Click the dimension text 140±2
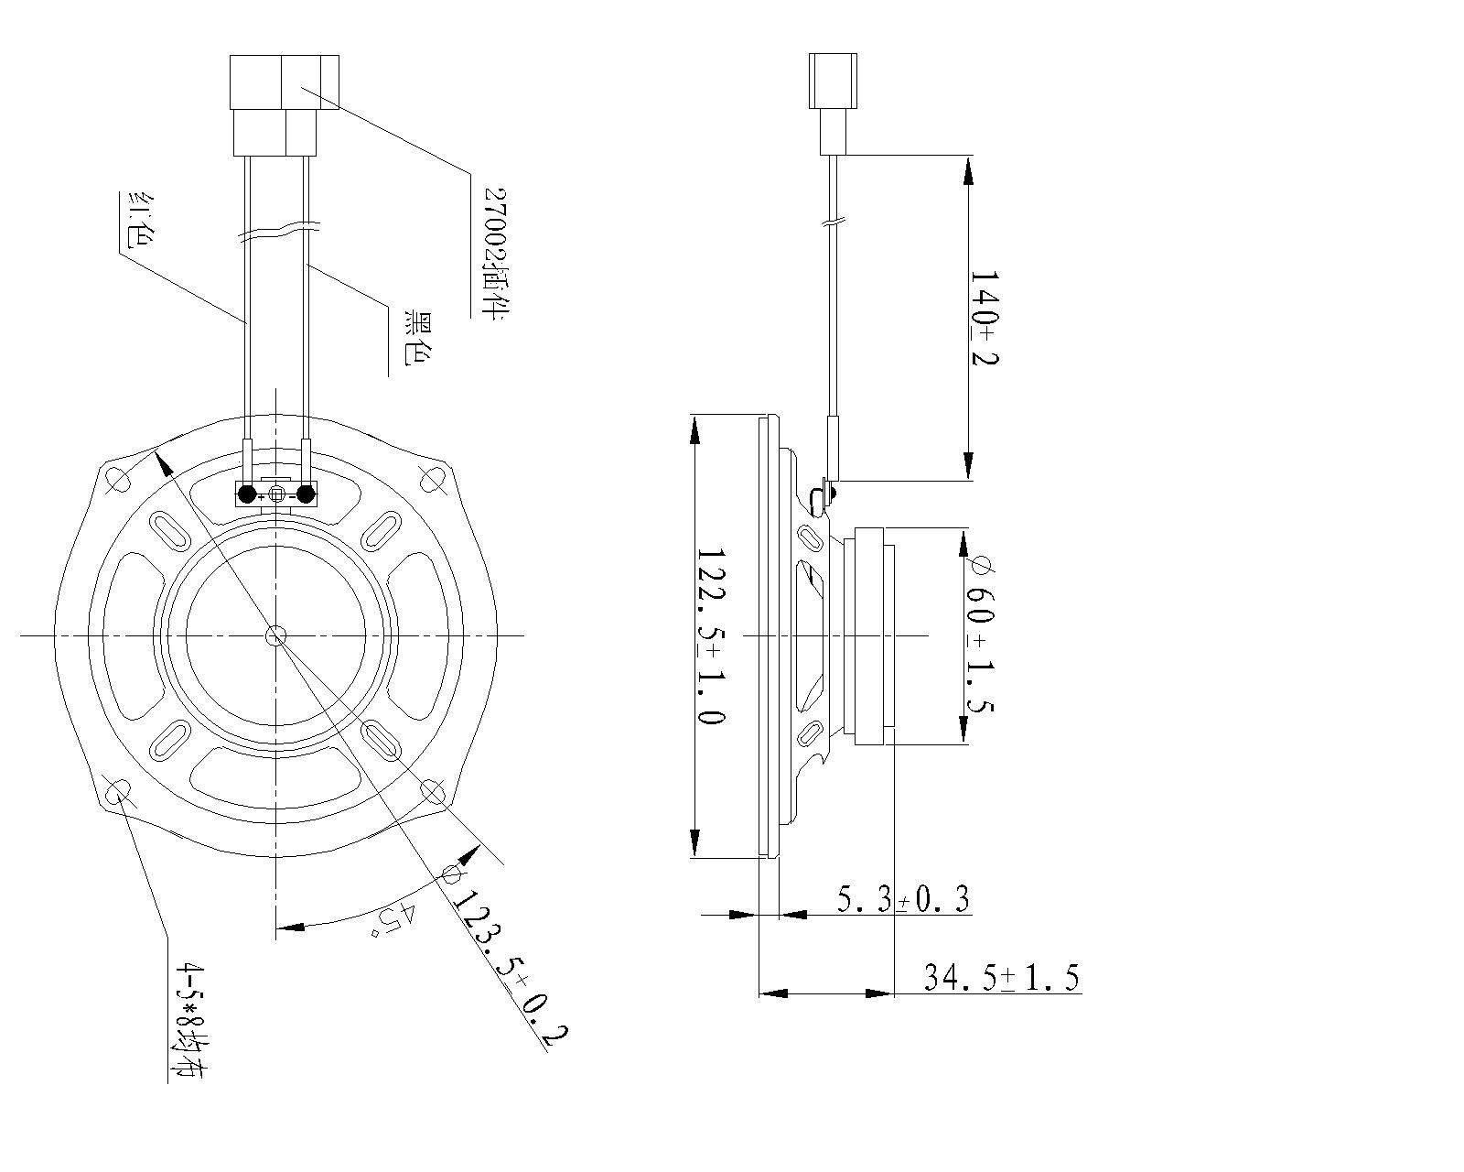[985, 316]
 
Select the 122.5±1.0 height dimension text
[711, 636]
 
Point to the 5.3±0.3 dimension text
[903, 899]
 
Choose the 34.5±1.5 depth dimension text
[1001, 978]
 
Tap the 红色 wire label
[137, 221]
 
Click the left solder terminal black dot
[247, 494]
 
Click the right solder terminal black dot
[306, 494]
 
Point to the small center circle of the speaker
[275, 635]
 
